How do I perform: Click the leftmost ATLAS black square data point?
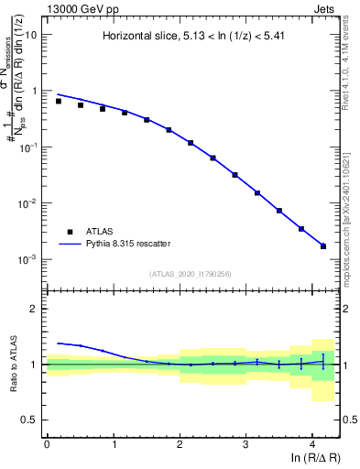tap(59, 101)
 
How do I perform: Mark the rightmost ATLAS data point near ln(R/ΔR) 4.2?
tap(322, 245)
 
